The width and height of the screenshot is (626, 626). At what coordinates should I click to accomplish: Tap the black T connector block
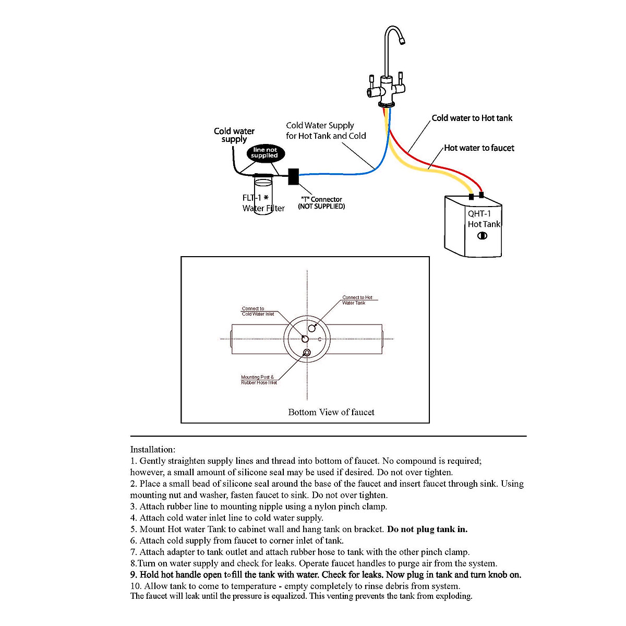[x=294, y=176]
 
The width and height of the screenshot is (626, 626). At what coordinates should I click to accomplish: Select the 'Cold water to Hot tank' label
[x=472, y=118]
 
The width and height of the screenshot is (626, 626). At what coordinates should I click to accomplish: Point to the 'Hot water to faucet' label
[x=479, y=148]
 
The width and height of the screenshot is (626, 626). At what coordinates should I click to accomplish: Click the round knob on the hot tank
[x=483, y=236]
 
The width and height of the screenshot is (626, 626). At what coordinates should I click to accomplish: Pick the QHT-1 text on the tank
[x=479, y=214]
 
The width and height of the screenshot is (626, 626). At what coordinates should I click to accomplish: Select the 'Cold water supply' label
[x=234, y=135]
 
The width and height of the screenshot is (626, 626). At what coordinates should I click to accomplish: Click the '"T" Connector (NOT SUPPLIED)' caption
[x=321, y=203]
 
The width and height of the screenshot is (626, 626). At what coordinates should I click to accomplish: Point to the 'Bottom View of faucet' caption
[x=331, y=412]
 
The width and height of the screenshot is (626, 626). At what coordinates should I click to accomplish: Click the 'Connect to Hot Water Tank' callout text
[x=357, y=300]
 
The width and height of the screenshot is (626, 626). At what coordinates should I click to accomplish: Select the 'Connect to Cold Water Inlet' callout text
[x=258, y=311]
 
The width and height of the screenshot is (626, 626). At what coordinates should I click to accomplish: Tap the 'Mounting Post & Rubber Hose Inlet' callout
[x=259, y=380]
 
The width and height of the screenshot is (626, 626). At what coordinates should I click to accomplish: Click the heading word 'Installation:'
[x=153, y=450]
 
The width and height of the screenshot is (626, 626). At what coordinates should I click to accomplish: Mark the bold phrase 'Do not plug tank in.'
[x=427, y=529]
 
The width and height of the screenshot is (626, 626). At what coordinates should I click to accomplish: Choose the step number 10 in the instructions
[x=135, y=586]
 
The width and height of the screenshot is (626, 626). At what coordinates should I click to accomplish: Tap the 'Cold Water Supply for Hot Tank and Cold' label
[x=326, y=130]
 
